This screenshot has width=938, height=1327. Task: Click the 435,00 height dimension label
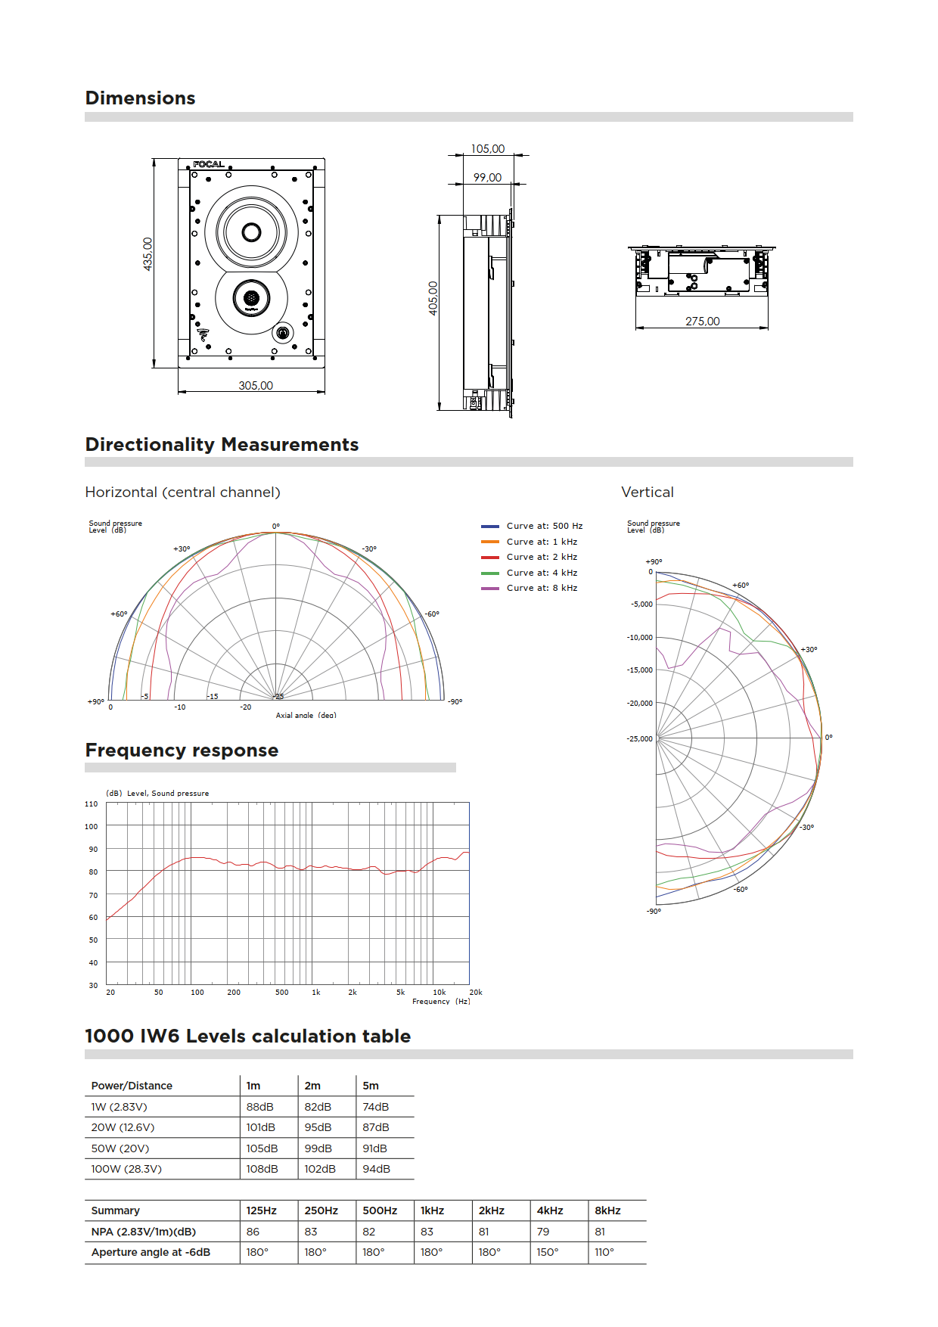[x=148, y=254]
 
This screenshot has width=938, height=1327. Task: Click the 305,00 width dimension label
[x=256, y=386]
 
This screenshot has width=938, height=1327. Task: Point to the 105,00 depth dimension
[x=488, y=149]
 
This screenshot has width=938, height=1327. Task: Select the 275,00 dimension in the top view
[x=703, y=322]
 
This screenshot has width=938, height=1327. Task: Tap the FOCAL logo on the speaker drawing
[x=208, y=164]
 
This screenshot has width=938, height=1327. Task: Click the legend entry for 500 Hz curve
[x=544, y=527]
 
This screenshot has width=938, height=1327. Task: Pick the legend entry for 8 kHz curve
[x=542, y=589]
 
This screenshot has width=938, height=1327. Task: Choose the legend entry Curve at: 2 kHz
[x=542, y=558]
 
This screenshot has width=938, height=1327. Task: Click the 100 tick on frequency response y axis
[x=92, y=827]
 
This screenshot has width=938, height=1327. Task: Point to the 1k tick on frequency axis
[x=316, y=993]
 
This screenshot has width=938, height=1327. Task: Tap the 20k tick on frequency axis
[x=475, y=993]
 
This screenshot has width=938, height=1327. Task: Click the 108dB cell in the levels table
[x=262, y=1170]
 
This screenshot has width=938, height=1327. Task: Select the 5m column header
[x=371, y=1086]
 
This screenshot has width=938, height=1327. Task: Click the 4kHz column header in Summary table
[x=550, y=1211]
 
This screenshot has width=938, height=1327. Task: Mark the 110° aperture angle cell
[x=604, y=1253]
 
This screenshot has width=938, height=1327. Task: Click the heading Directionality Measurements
[x=222, y=445]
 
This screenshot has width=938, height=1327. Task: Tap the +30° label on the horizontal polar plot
[x=182, y=549]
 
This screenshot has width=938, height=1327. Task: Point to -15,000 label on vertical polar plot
[x=640, y=670]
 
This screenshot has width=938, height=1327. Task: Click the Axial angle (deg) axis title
[x=306, y=715]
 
